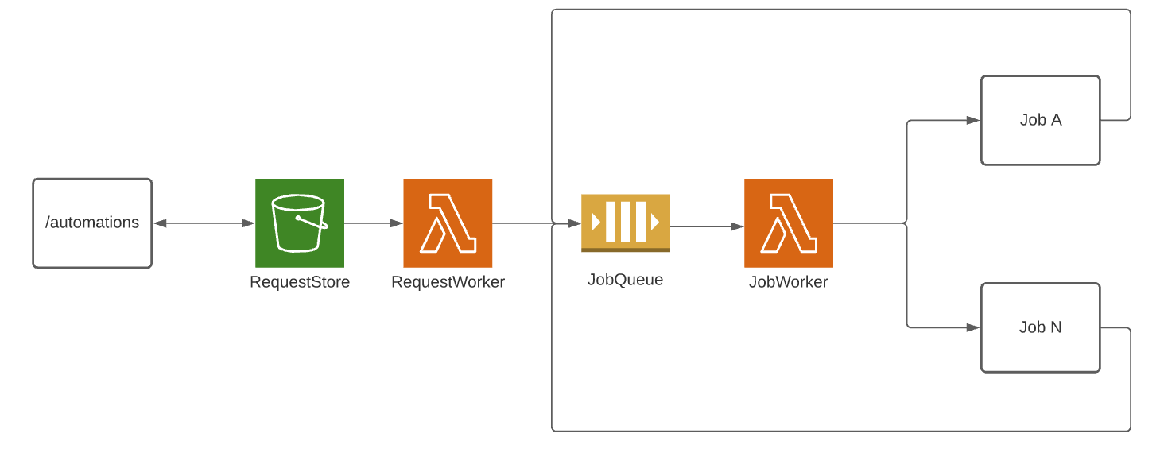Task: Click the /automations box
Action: [92, 223]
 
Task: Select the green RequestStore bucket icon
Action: [300, 223]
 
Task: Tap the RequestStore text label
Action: [300, 282]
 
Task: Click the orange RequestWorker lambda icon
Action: [448, 223]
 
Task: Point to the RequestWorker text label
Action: [448, 282]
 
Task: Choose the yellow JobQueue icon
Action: [626, 223]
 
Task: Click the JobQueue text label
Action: [625, 280]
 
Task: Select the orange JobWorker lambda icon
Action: [789, 223]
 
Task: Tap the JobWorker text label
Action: [788, 282]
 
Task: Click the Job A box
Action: [1040, 121]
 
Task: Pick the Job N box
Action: [1040, 327]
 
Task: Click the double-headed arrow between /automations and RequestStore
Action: [204, 223]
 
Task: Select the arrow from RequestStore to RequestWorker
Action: [374, 223]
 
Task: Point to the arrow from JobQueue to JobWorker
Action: [707, 226]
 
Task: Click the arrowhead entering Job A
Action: [973, 121]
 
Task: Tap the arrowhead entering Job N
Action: [973, 327]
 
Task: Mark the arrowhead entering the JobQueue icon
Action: [575, 224]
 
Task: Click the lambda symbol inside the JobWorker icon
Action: [789, 223]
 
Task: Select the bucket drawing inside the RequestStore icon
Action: [299, 223]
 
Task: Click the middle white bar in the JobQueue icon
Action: [626, 222]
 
